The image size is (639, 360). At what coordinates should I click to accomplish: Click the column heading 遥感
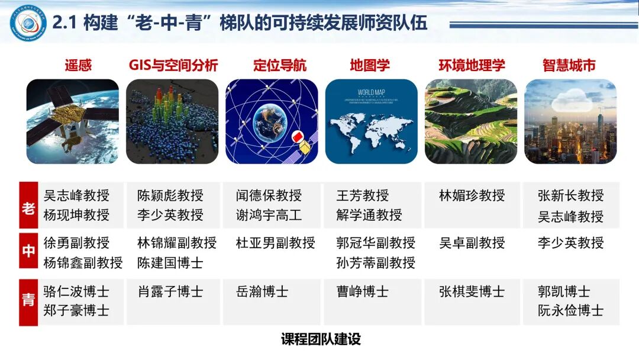click(78, 65)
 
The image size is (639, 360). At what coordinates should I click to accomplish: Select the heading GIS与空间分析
click(173, 65)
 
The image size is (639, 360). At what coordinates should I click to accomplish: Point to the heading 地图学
click(370, 65)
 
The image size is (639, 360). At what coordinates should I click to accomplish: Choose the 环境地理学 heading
click(472, 65)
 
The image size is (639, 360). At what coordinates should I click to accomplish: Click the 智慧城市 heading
click(569, 65)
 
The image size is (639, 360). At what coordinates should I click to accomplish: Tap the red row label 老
click(28, 205)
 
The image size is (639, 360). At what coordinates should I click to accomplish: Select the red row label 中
click(28, 252)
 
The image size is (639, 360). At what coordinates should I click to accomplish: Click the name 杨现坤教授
click(76, 215)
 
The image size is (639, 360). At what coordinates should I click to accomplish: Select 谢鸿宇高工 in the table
click(269, 215)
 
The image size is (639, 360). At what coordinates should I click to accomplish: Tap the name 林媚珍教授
click(472, 195)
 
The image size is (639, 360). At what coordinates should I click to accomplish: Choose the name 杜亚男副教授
click(276, 243)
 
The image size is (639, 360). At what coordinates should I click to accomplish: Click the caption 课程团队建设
click(321, 340)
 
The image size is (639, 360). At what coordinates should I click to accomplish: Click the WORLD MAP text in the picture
click(372, 92)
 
